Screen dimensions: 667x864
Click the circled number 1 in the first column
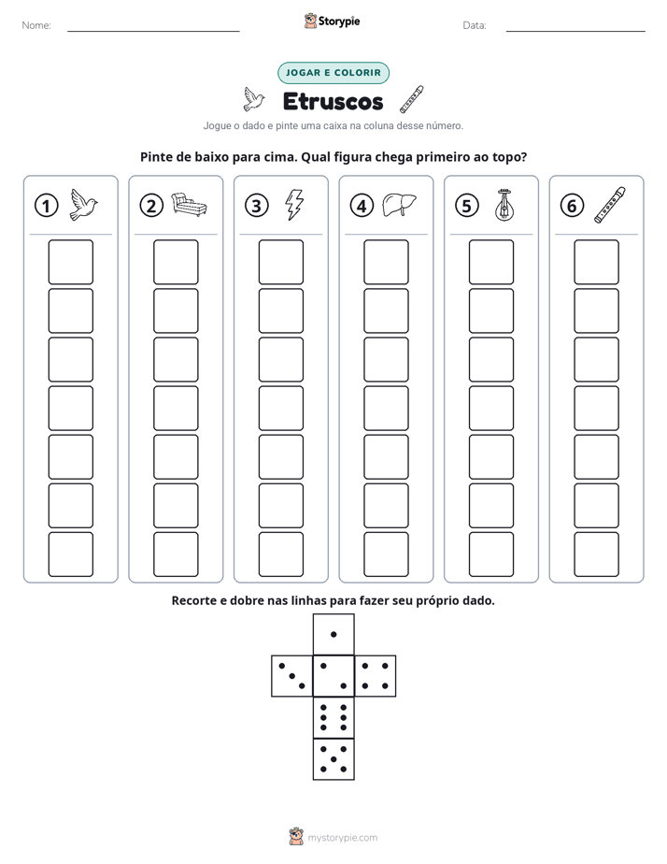coord(46,206)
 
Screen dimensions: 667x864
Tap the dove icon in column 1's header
coord(84,205)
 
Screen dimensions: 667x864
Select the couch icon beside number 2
coord(189,205)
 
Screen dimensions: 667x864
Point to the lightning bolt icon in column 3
coord(294,205)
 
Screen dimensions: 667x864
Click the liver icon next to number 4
coord(399,205)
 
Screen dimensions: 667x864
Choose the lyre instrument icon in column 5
coord(504,205)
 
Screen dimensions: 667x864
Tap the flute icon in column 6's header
coord(610,205)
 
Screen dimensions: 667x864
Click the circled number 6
coord(572,206)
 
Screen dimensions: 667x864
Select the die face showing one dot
coord(333,634)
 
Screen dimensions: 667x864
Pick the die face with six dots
coord(333,717)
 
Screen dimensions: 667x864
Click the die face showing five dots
coord(333,759)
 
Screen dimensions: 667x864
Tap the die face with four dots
coord(376,676)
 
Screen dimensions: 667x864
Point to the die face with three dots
coord(292,676)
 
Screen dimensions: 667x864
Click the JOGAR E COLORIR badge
coord(333,73)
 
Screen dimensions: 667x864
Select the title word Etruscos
coord(333,101)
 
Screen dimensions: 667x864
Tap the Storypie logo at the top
coord(332,21)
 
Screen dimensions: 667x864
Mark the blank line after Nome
coord(153,31)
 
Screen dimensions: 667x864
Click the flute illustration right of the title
coord(412,99)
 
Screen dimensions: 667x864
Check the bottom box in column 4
coord(387,554)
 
